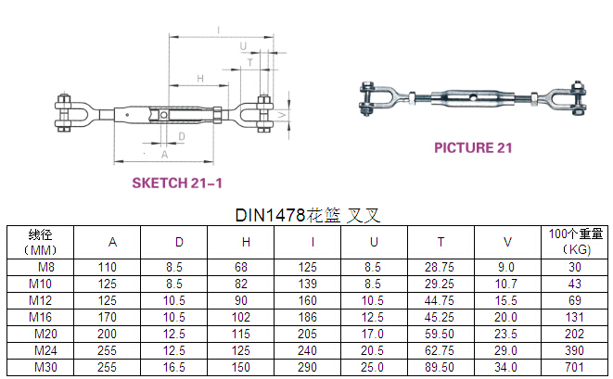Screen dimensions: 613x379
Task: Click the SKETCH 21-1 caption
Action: click(177, 183)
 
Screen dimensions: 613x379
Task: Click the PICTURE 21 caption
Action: click(473, 147)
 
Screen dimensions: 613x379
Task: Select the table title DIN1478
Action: click(270, 215)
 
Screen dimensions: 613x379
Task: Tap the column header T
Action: click(441, 242)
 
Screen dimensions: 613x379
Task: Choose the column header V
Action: click(507, 242)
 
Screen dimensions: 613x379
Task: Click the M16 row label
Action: click(40, 317)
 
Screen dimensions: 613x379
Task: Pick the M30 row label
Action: click(45, 367)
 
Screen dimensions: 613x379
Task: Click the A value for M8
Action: click(108, 267)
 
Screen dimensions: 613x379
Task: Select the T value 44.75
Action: click(440, 300)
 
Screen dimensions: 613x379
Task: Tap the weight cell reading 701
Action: click(574, 367)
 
